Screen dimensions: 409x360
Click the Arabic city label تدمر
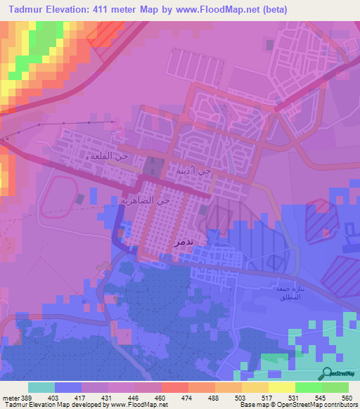pos(183,240)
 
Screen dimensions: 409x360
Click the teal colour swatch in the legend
pos(41,387)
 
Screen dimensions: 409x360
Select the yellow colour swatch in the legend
pos(281,387)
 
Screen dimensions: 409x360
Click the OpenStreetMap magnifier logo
pos(327,374)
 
